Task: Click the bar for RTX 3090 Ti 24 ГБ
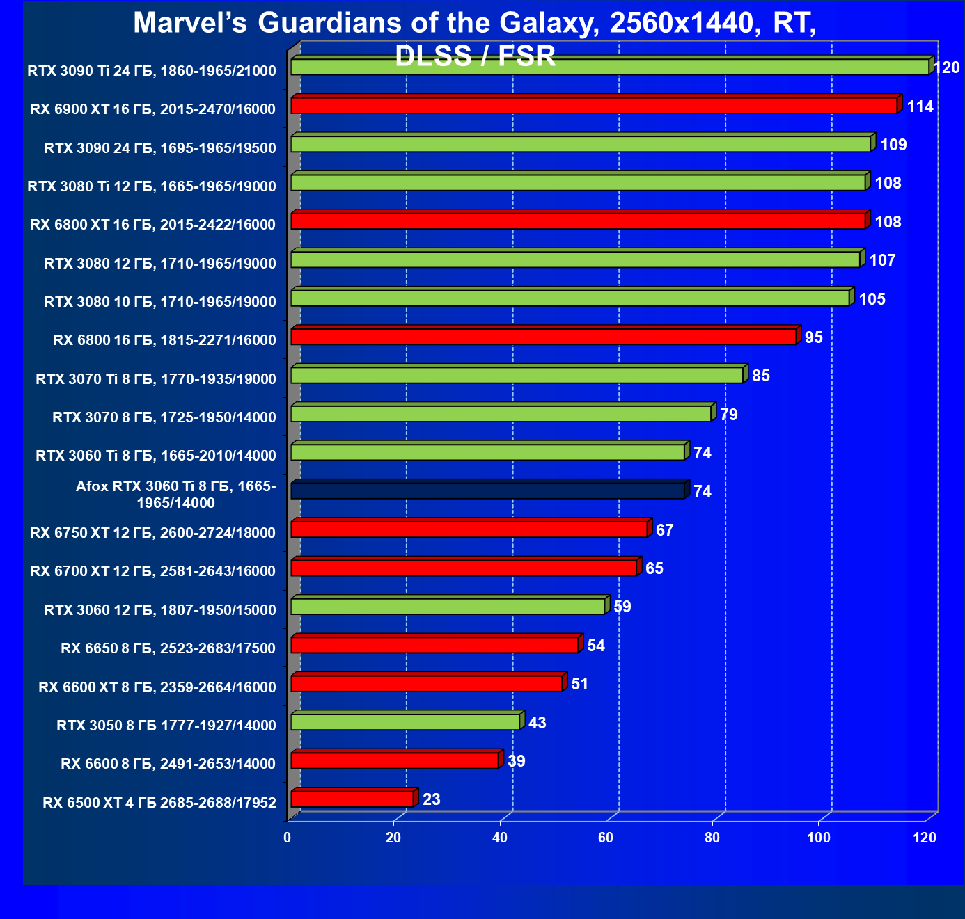609,67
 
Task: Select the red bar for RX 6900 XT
593,106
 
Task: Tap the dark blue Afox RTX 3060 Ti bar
487,491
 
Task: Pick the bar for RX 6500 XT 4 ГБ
352,799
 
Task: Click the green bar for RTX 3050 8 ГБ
405,722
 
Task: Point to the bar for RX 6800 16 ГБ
543,337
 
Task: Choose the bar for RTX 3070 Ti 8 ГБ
517,376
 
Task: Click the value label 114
920,107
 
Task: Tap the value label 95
813,338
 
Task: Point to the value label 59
622,607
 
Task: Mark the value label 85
760,376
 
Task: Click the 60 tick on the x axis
606,838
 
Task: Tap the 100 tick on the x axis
818,838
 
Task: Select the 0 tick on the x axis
288,838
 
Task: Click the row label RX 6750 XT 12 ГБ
152,534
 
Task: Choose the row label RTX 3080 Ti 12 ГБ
151,186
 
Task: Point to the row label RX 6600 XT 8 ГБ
157,688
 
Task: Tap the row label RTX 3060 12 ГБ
159,611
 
